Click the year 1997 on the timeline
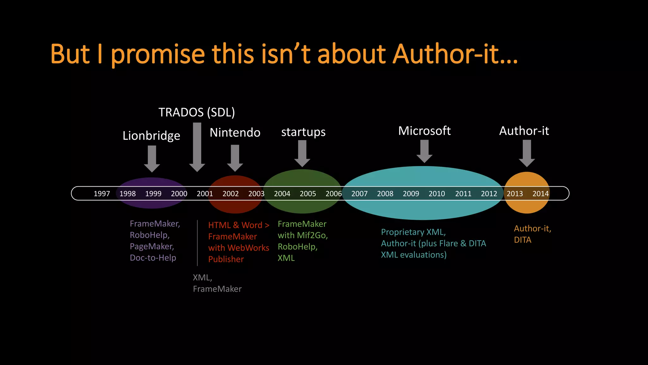[x=102, y=194]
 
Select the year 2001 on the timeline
[x=205, y=194]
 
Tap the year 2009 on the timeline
[x=411, y=194]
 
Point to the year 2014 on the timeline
[x=540, y=194]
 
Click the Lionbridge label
[x=151, y=136]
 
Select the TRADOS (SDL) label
[x=196, y=112]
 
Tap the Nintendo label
[x=235, y=132]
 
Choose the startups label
[x=303, y=132]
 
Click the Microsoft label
[x=424, y=131]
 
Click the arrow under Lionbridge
[x=152, y=158]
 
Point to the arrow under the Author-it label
[x=527, y=153]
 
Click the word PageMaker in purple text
[x=151, y=247]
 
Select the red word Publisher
[x=226, y=259]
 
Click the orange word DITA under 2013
[x=522, y=240]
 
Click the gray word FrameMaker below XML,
[x=217, y=289]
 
